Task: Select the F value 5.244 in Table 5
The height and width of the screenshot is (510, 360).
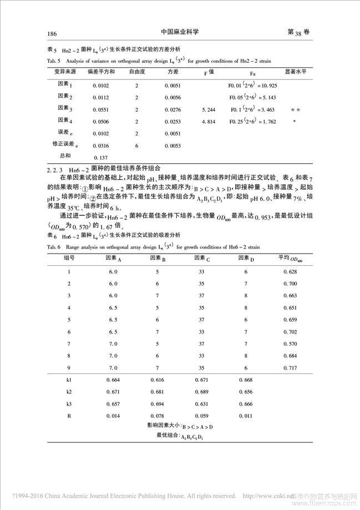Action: pos(209,110)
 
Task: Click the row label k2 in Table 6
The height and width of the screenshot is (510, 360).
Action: pos(69,392)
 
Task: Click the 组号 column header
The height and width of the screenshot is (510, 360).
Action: pos(69,258)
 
